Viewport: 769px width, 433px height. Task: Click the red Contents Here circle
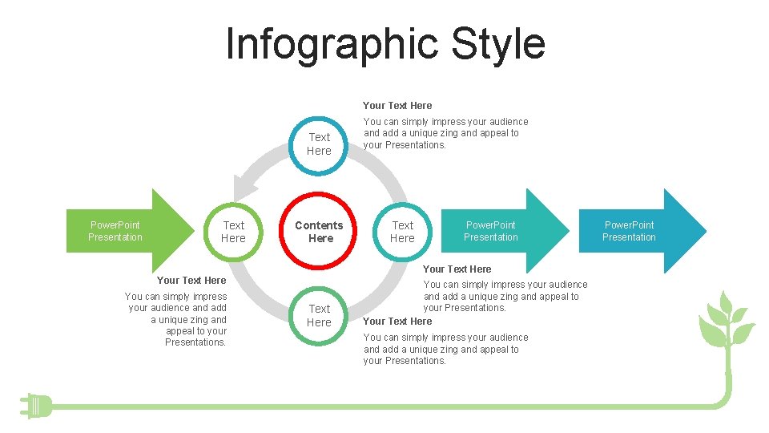[320, 232]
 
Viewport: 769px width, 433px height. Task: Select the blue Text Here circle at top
[319, 144]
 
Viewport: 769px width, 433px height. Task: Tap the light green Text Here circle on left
[233, 232]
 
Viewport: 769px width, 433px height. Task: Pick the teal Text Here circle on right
[402, 232]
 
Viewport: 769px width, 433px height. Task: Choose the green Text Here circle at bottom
[319, 315]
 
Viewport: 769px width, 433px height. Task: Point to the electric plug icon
[37, 406]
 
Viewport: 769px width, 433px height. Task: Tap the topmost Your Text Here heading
[397, 105]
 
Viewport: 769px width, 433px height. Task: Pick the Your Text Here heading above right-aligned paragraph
[191, 280]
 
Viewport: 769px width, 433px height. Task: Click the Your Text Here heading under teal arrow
[457, 269]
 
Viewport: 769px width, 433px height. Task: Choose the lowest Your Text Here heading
[397, 321]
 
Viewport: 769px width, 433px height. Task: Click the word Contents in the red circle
[319, 225]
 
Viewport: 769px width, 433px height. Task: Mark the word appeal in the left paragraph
[180, 331]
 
